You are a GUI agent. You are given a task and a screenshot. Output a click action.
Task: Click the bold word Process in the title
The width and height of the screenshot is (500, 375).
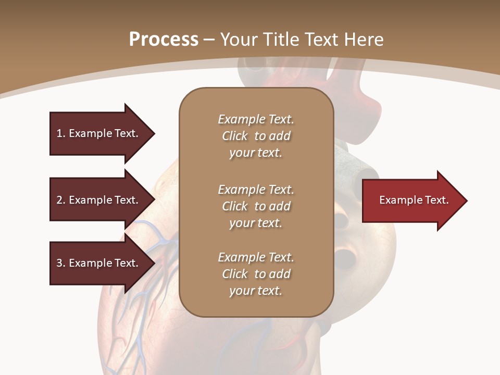pos(164,39)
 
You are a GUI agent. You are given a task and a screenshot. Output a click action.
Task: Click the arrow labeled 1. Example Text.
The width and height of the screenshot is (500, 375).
pos(99,133)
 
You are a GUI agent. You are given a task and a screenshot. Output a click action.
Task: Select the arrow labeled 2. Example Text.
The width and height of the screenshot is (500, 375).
pos(99,200)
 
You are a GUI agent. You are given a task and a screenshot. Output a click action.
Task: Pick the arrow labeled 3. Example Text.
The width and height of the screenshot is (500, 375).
pos(99,263)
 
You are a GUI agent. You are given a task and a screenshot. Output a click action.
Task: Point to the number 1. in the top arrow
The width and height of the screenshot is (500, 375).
pos(61,133)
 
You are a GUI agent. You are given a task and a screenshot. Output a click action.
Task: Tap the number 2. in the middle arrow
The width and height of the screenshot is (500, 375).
pos(61,200)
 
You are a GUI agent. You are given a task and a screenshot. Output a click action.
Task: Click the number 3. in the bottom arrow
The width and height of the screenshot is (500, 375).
pos(61,263)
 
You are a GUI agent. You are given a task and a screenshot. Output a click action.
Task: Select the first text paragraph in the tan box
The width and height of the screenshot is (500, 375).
pos(256,136)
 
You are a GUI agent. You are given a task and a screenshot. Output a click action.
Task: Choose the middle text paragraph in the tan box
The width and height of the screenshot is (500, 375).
pos(256,206)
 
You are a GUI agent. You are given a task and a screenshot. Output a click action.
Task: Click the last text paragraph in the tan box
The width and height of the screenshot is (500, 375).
pos(256,274)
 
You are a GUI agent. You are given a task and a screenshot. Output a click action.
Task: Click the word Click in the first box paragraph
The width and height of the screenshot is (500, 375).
pos(235,136)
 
